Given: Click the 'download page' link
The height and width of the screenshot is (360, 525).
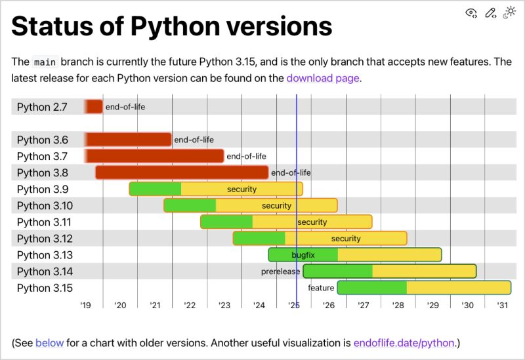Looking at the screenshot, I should [323, 78].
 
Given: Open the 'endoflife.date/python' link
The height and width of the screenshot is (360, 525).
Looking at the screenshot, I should [404, 342].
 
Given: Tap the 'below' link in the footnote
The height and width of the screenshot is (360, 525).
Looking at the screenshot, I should [49, 342].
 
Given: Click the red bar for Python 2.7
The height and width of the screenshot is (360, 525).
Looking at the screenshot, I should [94, 107].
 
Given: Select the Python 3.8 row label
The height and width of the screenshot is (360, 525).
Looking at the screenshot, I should [43, 173].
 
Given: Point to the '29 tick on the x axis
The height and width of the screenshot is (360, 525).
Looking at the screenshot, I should [432, 305].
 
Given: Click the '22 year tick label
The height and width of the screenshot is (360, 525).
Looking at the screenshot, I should [190, 305].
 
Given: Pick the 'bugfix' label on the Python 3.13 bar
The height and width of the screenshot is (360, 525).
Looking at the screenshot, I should [303, 254].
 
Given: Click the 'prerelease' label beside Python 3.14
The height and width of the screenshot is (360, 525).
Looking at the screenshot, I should [280, 271].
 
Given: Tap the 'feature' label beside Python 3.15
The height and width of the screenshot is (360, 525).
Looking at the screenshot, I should [321, 288].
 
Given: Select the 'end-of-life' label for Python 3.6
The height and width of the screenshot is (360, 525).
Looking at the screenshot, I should [194, 140].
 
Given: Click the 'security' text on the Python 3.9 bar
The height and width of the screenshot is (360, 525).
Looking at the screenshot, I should [241, 190].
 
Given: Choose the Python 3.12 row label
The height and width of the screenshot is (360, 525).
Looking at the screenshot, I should [45, 239].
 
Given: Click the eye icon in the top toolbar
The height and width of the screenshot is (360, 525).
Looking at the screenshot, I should [471, 12].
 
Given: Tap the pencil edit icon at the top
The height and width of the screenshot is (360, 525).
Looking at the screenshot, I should [490, 12].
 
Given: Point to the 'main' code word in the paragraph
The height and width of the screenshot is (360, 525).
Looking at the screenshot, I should [45, 62].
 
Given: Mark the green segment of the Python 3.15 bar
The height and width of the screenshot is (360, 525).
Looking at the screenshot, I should [372, 288].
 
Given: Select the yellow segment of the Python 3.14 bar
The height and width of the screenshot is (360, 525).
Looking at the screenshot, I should [424, 271].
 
